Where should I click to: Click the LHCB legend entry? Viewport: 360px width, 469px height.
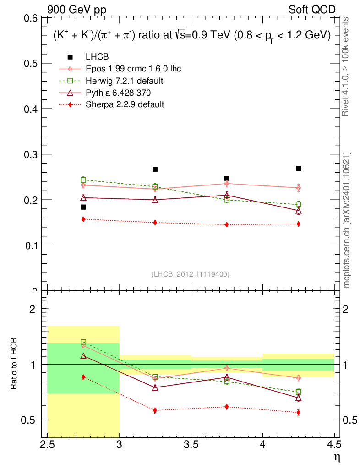[x=98, y=57]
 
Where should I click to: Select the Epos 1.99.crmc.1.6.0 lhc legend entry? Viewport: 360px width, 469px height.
[x=133, y=69]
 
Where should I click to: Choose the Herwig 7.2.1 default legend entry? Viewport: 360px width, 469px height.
[x=125, y=81]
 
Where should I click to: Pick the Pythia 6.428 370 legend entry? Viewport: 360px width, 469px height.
[x=118, y=93]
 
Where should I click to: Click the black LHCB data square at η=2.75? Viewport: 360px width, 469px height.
[x=83, y=207]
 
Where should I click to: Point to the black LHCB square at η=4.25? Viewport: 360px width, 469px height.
[x=299, y=169]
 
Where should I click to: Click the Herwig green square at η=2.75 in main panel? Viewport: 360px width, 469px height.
[x=83, y=180]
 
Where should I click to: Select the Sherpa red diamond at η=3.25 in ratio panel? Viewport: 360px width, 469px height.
[x=155, y=410]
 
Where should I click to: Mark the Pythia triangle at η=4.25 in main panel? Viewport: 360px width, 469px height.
[x=299, y=211]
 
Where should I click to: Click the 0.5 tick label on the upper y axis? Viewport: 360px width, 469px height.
[x=31, y=63]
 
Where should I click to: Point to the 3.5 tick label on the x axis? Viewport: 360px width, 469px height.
[x=191, y=444]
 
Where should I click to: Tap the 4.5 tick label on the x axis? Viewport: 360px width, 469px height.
[x=334, y=444]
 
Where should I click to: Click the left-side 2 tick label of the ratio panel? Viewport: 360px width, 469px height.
[x=33, y=309]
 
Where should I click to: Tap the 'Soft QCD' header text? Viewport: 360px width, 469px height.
[x=312, y=10]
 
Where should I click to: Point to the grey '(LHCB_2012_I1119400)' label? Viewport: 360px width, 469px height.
[x=190, y=274]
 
